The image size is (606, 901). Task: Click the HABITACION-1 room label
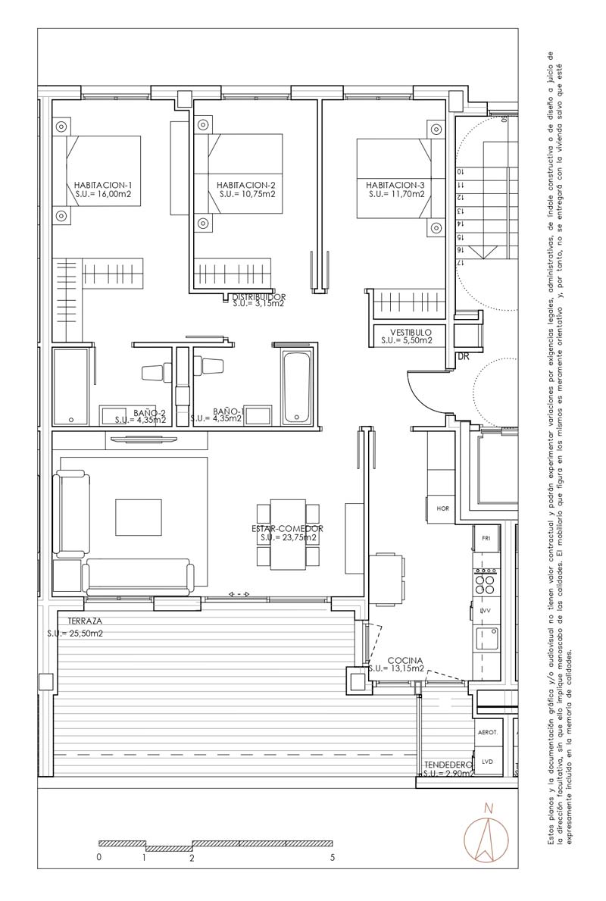click(103, 185)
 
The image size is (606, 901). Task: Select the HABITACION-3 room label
click(395, 185)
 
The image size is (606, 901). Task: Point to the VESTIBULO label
click(411, 332)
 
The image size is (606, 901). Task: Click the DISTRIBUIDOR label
click(258, 296)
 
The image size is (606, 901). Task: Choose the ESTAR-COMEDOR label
click(288, 528)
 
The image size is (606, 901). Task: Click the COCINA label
click(405, 661)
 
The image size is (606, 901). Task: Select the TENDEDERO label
click(448, 765)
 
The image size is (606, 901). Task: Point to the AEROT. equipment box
click(487, 733)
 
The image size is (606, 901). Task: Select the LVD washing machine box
click(486, 762)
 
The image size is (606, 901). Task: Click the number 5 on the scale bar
click(332, 858)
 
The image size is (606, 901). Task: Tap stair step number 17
click(460, 261)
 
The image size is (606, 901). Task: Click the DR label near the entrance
click(463, 355)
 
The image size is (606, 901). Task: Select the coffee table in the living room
click(138, 517)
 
